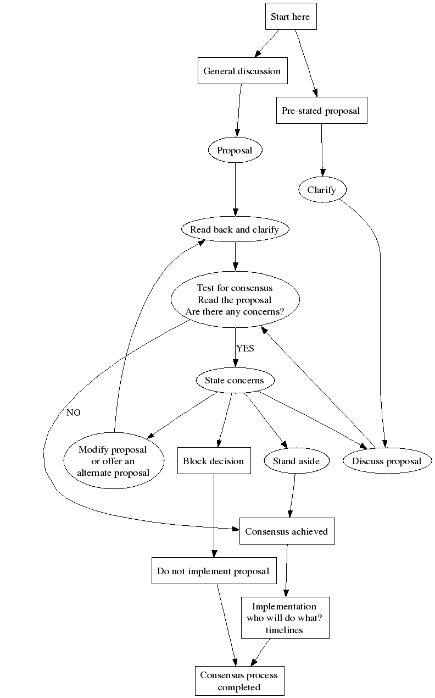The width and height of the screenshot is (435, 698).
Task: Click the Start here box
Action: [291, 17]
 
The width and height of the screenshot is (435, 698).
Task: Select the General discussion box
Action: [242, 71]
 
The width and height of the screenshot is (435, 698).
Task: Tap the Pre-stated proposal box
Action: [321, 111]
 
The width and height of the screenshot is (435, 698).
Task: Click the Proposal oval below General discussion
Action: [235, 150]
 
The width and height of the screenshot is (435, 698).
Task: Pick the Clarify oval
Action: [323, 190]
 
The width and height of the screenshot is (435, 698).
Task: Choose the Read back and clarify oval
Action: [235, 229]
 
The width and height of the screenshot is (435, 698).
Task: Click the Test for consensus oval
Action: [235, 300]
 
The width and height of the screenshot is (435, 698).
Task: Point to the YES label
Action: [245, 348]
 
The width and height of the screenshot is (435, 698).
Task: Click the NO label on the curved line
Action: [74, 413]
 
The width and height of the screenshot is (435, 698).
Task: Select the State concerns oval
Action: [235, 380]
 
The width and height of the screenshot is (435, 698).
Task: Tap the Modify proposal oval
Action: [113, 461]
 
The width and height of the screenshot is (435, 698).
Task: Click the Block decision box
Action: [214, 461]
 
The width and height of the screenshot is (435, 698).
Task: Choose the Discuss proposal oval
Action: [387, 461]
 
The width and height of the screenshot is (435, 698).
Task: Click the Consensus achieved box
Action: [287, 531]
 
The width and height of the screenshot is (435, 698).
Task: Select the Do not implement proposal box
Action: [213, 571]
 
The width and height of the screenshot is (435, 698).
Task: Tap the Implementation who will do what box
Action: [285, 618]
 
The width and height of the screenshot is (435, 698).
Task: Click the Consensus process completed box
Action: [239, 681]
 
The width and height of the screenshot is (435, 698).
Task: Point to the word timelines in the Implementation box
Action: [285, 630]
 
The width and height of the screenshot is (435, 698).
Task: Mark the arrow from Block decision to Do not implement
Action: [214, 517]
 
